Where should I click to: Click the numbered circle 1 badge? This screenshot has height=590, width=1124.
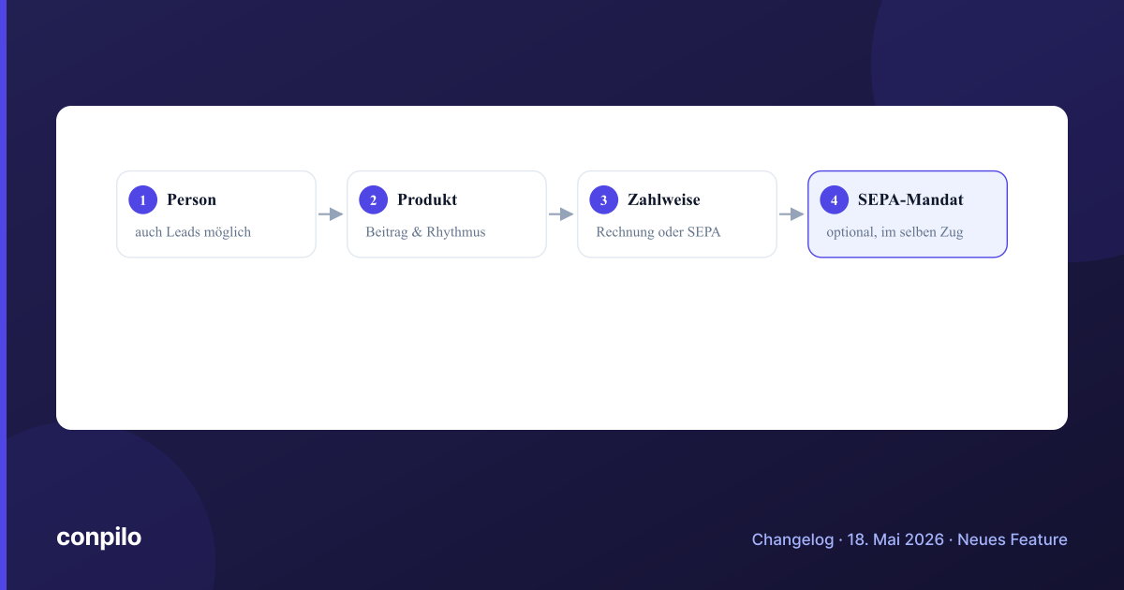coord(143,199)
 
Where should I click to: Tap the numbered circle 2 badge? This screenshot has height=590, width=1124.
coord(374,199)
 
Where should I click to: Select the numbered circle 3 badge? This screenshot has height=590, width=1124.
coord(603,199)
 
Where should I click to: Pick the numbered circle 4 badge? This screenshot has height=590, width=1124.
coord(834,199)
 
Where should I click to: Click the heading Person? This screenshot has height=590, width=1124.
coord(192,199)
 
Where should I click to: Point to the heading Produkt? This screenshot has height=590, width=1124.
coord(427,199)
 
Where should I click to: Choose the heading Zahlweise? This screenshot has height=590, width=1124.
coord(664,199)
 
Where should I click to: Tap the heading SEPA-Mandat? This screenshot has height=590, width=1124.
coord(910,199)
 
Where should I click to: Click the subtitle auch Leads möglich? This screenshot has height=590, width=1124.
coord(193,232)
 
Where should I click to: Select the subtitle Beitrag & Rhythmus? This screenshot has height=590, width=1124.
coord(425,232)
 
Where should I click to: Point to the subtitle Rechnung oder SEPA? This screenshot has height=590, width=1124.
coord(658,232)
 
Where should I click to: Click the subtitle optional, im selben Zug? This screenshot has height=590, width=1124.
coord(895,232)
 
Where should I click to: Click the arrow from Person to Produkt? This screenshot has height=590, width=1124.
coord(331,214)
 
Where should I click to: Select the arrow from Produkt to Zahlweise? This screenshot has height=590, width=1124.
coord(561,214)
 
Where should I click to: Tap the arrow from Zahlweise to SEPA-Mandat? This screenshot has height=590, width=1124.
coord(791,214)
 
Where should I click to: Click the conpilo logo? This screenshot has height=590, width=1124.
coord(99,538)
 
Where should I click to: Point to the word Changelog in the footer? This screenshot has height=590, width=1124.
coord(792,539)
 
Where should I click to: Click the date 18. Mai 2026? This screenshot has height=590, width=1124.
coord(895,539)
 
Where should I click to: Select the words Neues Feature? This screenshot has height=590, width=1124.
coord(1013,539)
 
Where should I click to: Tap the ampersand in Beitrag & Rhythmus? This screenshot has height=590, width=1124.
coord(417,232)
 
